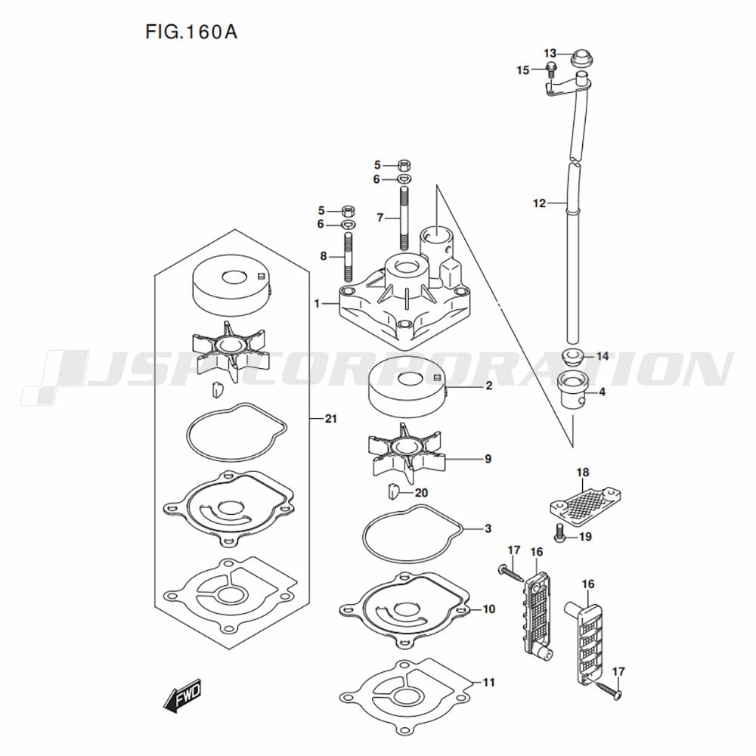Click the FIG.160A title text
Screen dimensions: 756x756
191,33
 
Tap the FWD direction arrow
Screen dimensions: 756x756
182,696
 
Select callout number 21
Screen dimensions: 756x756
331,419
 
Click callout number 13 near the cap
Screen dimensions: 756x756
550,53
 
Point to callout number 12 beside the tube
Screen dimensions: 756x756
539,203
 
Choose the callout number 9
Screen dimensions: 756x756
488,459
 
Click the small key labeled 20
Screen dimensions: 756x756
393,491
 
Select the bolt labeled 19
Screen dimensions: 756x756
559,533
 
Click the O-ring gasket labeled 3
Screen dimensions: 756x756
413,534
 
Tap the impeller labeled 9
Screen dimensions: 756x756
406,453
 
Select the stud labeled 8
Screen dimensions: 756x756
348,257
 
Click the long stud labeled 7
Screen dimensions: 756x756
404,218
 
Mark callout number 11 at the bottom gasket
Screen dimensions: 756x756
489,682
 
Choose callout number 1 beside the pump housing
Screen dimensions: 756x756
317,304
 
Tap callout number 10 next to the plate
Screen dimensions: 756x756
489,609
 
